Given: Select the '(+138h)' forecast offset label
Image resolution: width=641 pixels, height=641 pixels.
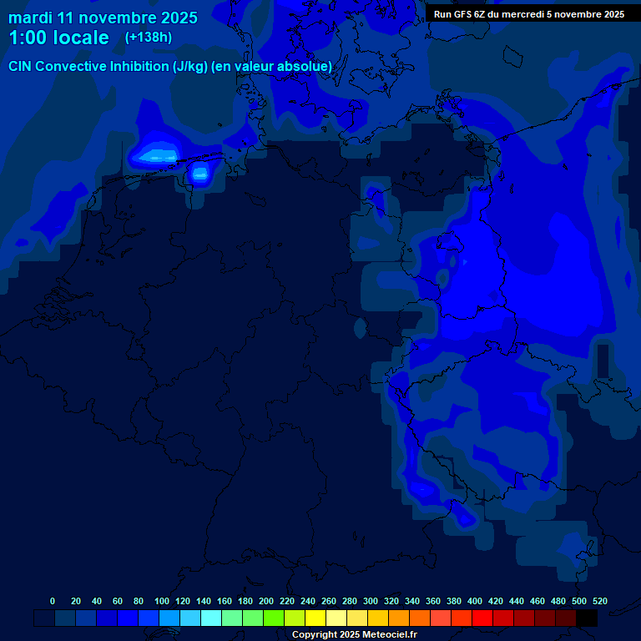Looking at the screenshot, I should [149, 38].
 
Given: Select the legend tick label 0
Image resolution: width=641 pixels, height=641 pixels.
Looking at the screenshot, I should [53, 601].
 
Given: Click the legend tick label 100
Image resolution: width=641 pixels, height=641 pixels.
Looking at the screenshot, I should [161, 601].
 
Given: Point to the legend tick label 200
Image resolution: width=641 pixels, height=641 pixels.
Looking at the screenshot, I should [266, 601].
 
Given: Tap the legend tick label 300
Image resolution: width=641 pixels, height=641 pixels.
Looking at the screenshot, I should [371, 601].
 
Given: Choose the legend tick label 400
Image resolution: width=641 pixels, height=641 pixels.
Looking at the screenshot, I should [475, 601].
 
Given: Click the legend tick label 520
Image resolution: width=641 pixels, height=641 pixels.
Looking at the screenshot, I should [599, 601].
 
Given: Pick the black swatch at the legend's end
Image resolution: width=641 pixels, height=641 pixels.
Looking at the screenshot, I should [587, 618].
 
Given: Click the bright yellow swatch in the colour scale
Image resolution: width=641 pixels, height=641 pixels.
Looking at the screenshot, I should [315, 618].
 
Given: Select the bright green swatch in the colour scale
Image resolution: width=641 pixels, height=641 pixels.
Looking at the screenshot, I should [274, 618].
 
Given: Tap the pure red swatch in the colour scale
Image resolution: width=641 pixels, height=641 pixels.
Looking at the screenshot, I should [482, 618].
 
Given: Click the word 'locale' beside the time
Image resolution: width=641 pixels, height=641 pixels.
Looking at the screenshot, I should [79, 38].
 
